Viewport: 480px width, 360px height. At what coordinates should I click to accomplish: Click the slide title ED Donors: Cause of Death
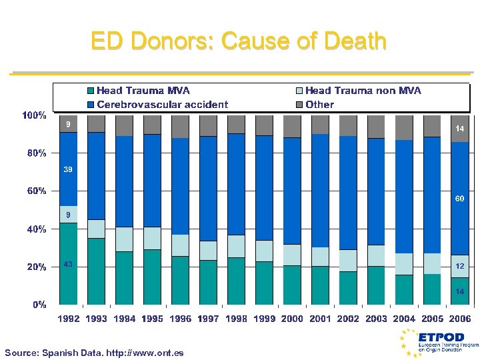tap(239, 41)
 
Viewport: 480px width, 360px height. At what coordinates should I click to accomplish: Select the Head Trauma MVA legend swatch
tap(91, 91)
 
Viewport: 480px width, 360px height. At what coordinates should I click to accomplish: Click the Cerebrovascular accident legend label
tap(162, 105)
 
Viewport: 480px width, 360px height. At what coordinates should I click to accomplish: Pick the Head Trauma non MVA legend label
tap(363, 91)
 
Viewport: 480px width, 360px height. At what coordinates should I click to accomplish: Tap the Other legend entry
tap(320, 105)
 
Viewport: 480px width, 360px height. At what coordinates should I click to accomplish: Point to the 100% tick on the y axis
tap(34, 115)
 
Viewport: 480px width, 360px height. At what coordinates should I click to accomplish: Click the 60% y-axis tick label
tap(36, 191)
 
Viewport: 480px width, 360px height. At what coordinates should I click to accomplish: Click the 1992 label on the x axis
tap(68, 319)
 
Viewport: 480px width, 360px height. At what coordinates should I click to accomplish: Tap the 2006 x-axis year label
tap(459, 319)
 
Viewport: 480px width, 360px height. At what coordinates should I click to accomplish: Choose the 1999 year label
tap(264, 319)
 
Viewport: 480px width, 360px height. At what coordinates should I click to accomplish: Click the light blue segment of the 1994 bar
tap(125, 239)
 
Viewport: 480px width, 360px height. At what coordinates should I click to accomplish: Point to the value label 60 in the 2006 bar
tap(460, 199)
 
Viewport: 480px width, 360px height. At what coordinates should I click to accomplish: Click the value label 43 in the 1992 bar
tap(68, 265)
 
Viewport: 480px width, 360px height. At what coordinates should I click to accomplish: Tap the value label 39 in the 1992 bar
tap(68, 170)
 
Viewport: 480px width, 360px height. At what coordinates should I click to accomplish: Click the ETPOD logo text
tap(437, 337)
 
